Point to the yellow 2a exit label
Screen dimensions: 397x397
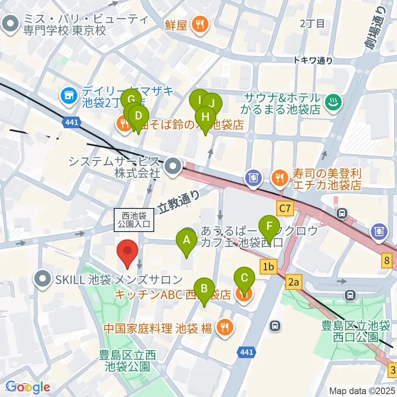[293, 282]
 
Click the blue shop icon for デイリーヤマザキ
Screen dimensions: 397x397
[68, 96]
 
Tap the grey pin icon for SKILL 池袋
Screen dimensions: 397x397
[43, 280]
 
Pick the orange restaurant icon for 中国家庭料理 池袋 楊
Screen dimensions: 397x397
[225, 328]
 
